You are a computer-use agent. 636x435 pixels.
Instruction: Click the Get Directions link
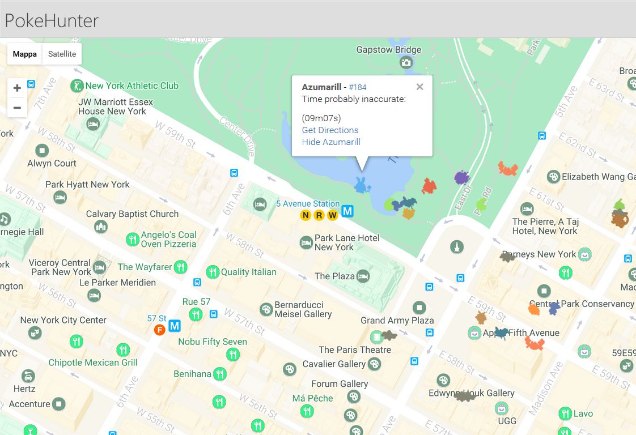(x=330, y=130)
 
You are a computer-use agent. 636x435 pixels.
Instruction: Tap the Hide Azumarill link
(x=331, y=142)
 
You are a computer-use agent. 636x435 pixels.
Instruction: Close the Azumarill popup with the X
(x=419, y=87)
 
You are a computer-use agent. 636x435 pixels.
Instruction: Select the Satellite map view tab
(x=62, y=54)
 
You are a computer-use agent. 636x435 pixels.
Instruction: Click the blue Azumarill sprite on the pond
(x=361, y=185)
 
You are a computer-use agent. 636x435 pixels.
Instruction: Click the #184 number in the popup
(x=358, y=87)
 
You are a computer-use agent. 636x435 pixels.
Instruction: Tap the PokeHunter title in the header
(x=52, y=21)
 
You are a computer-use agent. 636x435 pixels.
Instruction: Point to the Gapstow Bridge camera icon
(x=406, y=62)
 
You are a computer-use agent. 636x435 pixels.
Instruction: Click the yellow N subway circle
(x=306, y=215)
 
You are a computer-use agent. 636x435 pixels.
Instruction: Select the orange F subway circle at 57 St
(x=159, y=330)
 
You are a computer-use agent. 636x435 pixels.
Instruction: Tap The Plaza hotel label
(x=334, y=276)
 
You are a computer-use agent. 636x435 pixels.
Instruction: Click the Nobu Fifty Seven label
(x=213, y=342)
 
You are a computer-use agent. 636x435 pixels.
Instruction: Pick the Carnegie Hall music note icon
(x=5, y=219)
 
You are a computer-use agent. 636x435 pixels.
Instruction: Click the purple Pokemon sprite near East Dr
(x=462, y=177)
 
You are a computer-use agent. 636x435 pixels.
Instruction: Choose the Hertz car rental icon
(x=27, y=376)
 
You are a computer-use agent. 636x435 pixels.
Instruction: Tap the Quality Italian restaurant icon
(x=213, y=272)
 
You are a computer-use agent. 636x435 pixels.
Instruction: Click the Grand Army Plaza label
(x=397, y=321)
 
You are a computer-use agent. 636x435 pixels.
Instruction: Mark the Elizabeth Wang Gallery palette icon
(x=553, y=177)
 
